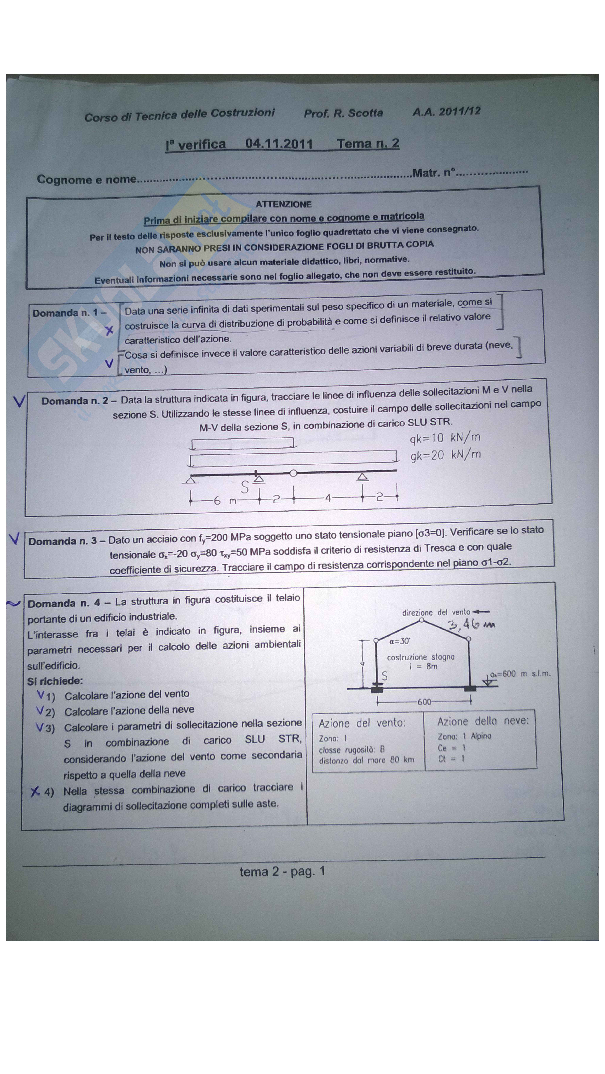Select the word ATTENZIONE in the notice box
[284, 204]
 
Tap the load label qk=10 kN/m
[445, 438]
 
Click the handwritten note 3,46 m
[471, 625]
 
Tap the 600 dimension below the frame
[424, 702]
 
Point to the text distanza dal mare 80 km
[367, 760]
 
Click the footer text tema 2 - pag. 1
[282, 871]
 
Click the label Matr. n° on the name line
[434, 173]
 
